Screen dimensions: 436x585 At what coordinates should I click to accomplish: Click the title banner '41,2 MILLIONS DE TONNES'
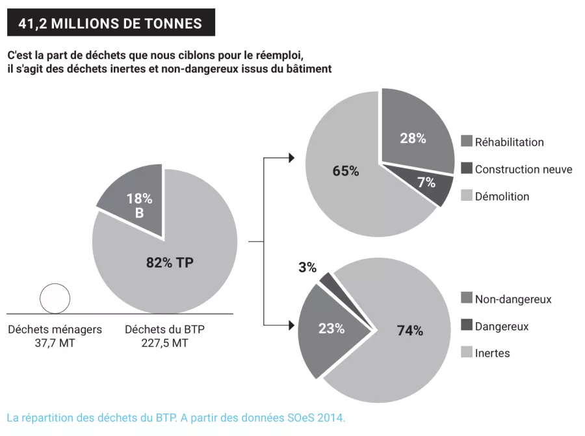[x=110, y=23]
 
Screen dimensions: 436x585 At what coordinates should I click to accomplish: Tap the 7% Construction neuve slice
[x=426, y=183]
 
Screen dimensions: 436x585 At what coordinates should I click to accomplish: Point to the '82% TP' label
[x=170, y=263]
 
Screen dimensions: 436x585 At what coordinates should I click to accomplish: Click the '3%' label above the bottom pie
[x=307, y=267]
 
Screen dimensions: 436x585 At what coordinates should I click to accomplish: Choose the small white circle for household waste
[x=55, y=299]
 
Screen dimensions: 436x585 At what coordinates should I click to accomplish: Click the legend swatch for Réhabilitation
[x=466, y=142]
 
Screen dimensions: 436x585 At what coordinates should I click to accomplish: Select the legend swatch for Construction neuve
[x=466, y=169]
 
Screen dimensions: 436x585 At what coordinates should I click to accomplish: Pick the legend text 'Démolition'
[x=502, y=196]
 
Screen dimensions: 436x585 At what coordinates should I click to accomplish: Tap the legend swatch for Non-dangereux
[x=466, y=298]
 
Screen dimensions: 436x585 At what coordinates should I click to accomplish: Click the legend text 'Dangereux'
[x=501, y=326]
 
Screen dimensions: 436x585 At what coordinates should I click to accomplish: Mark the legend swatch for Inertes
[x=466, y=353]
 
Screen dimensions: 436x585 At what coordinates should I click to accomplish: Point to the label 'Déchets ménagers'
[x=55, y=329]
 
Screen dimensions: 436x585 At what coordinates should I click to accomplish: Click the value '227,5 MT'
[x=164, y=343]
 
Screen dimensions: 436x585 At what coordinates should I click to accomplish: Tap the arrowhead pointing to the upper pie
[x=291, y=158]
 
